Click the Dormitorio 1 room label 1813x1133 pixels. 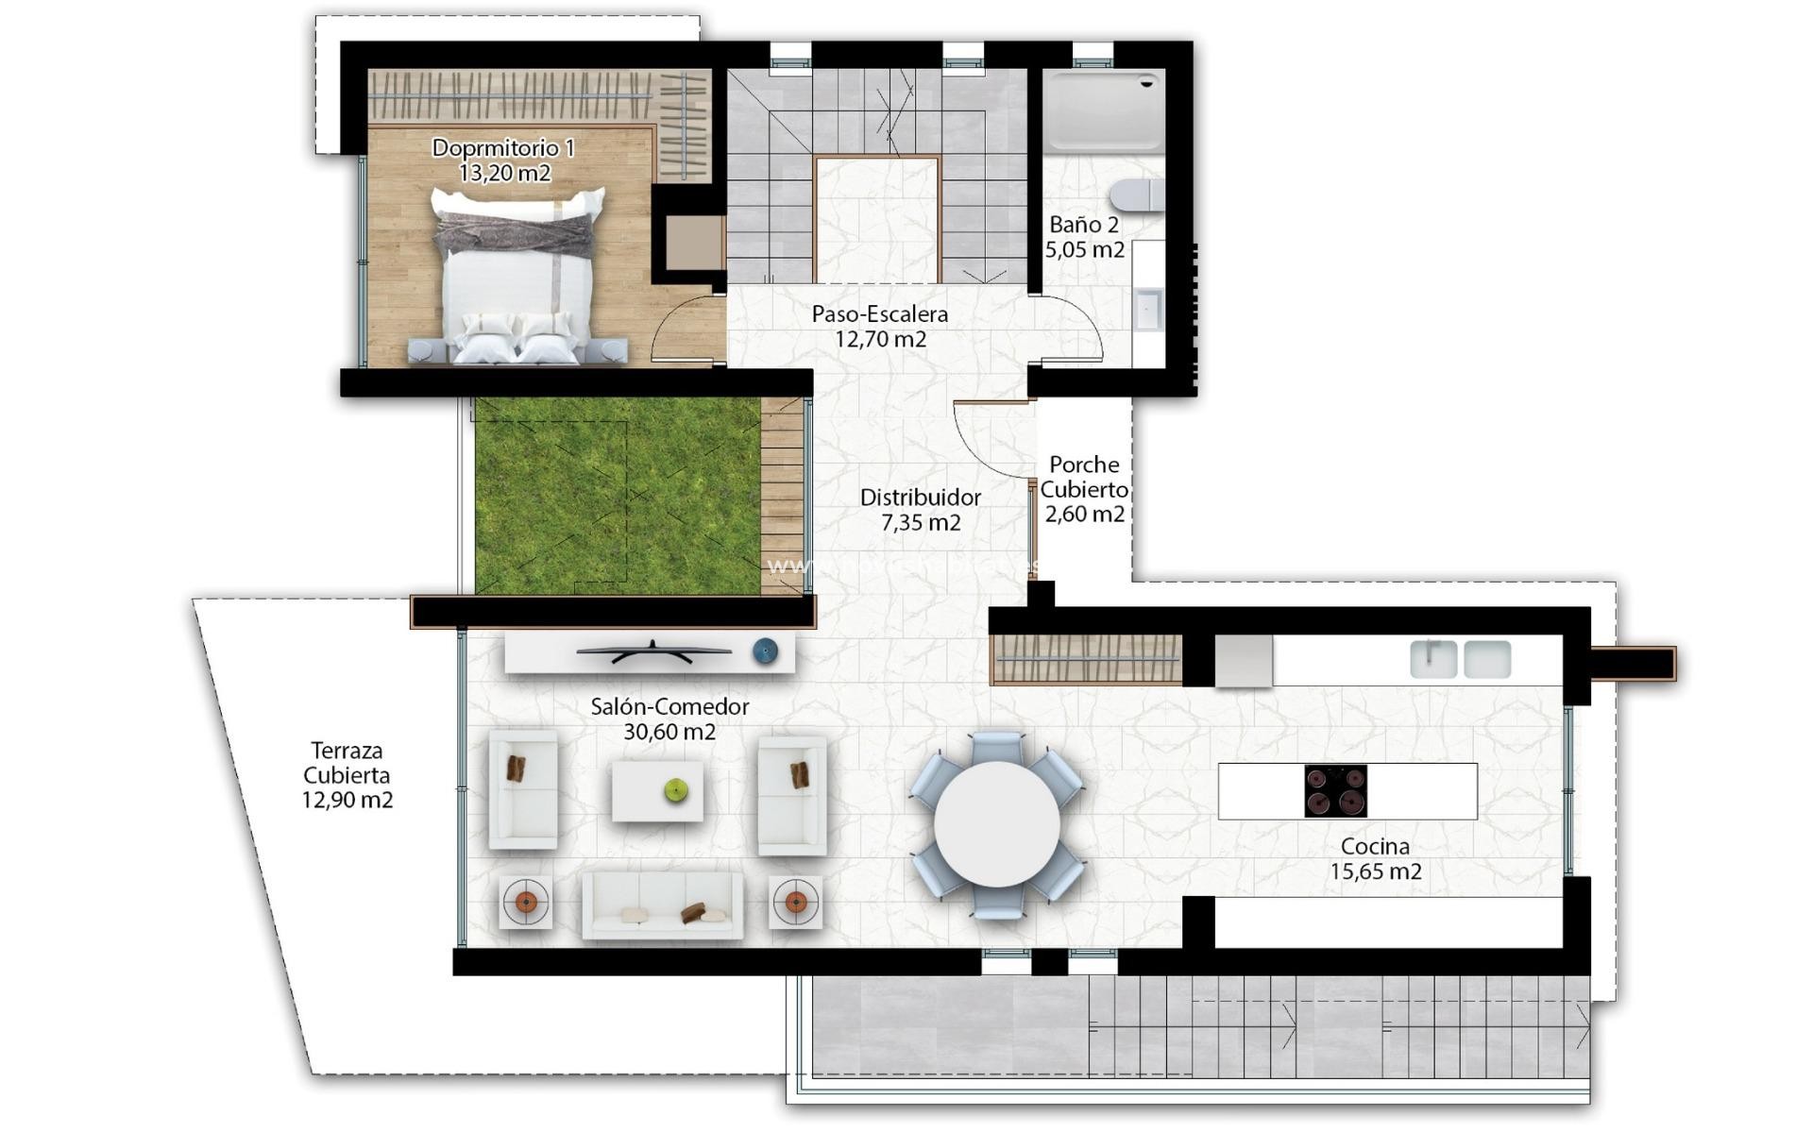click(x=502, y=148)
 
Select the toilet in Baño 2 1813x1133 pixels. click(x=1136, y=194)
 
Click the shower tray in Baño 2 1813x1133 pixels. click(x=1103, y=112)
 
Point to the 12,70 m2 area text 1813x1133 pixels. click(x=880, y=340)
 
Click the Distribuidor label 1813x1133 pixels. click(x=920, y=498)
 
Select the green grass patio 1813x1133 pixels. click(x=616, y=496)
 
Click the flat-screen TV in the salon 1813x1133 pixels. click(x=653, y=651)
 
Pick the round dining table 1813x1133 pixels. click(x=996, y=823)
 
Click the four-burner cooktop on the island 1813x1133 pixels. click(x=1335, y=791)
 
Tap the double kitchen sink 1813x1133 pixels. click(x=1460, y=659)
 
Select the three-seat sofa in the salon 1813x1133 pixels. click(x=662, y=905)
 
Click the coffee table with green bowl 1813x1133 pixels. click(x=657, y=791)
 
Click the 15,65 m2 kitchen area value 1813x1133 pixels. click(x=1375, y=872)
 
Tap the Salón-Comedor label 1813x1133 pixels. click(x=669, y=706)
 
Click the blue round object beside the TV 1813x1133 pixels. click(x=765, y=651)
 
